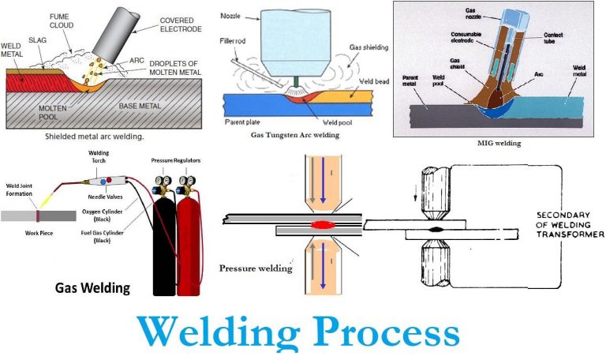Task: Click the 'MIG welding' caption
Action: pyautogui.click(x=499, y=144)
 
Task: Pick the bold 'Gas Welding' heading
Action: pyautogui.click(x=92, y=287)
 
